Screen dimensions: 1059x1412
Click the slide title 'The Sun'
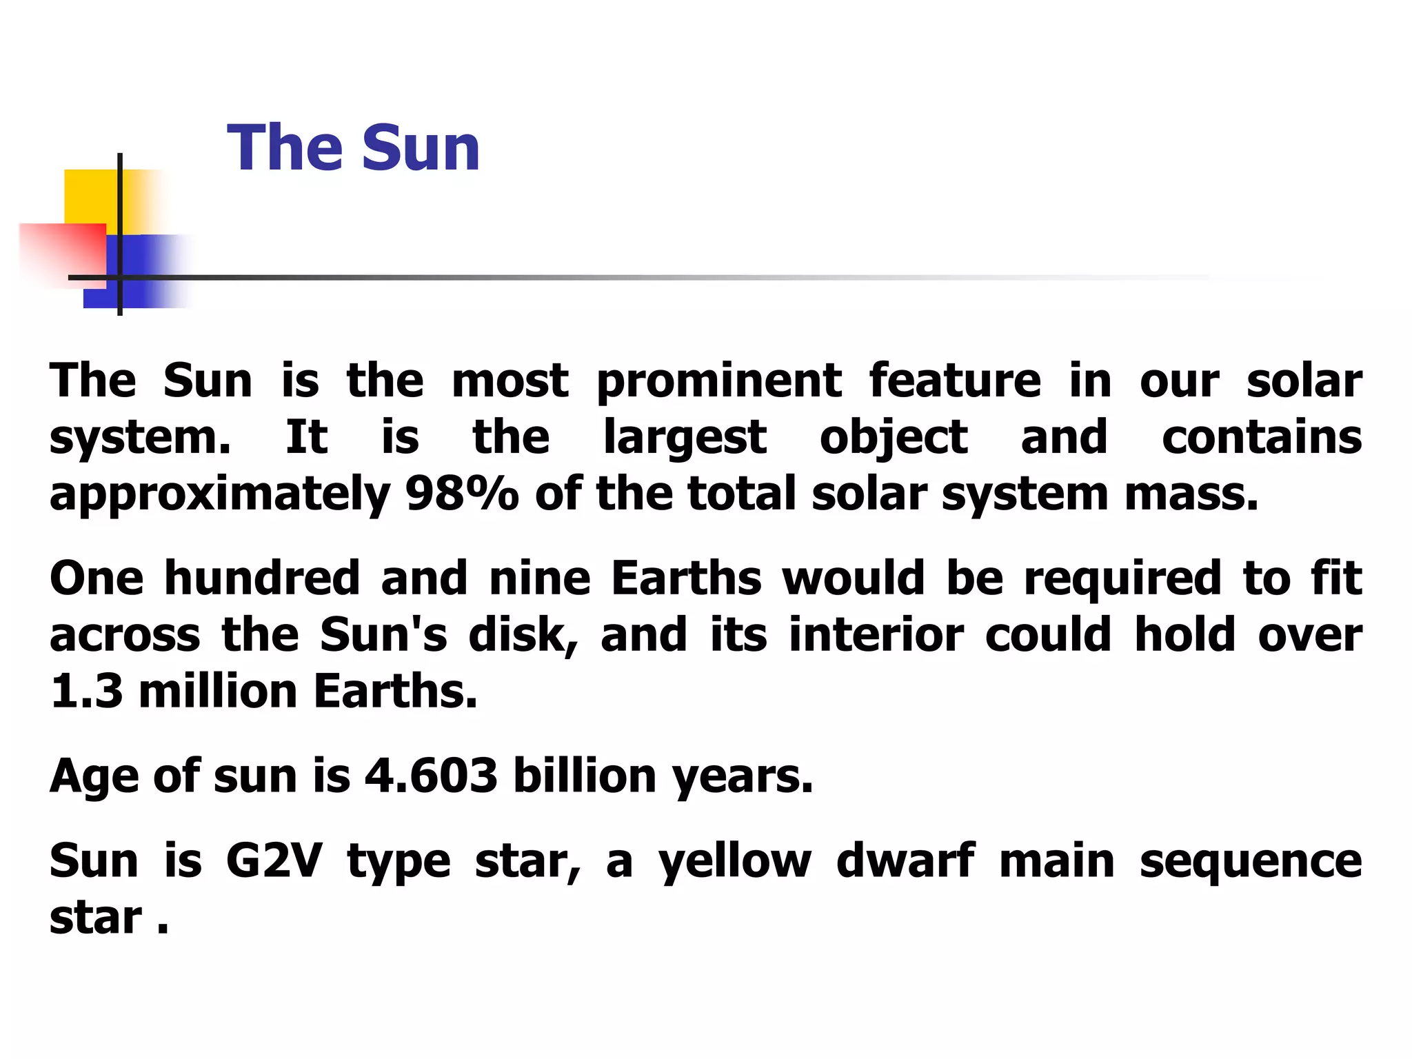click(353, 148)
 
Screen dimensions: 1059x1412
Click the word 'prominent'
click(718, 381)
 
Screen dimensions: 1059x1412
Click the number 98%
click(462, 494)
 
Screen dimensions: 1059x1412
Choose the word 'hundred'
click(262, 578)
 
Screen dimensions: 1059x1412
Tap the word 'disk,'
click(523, 634)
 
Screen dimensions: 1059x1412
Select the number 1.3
click(86, 691)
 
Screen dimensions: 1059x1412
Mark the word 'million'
click(218, 691)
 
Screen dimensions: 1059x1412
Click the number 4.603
click(431, 776)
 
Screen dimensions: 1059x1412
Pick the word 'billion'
click(585, 776)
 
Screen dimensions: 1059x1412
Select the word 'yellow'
click(735, 862)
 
